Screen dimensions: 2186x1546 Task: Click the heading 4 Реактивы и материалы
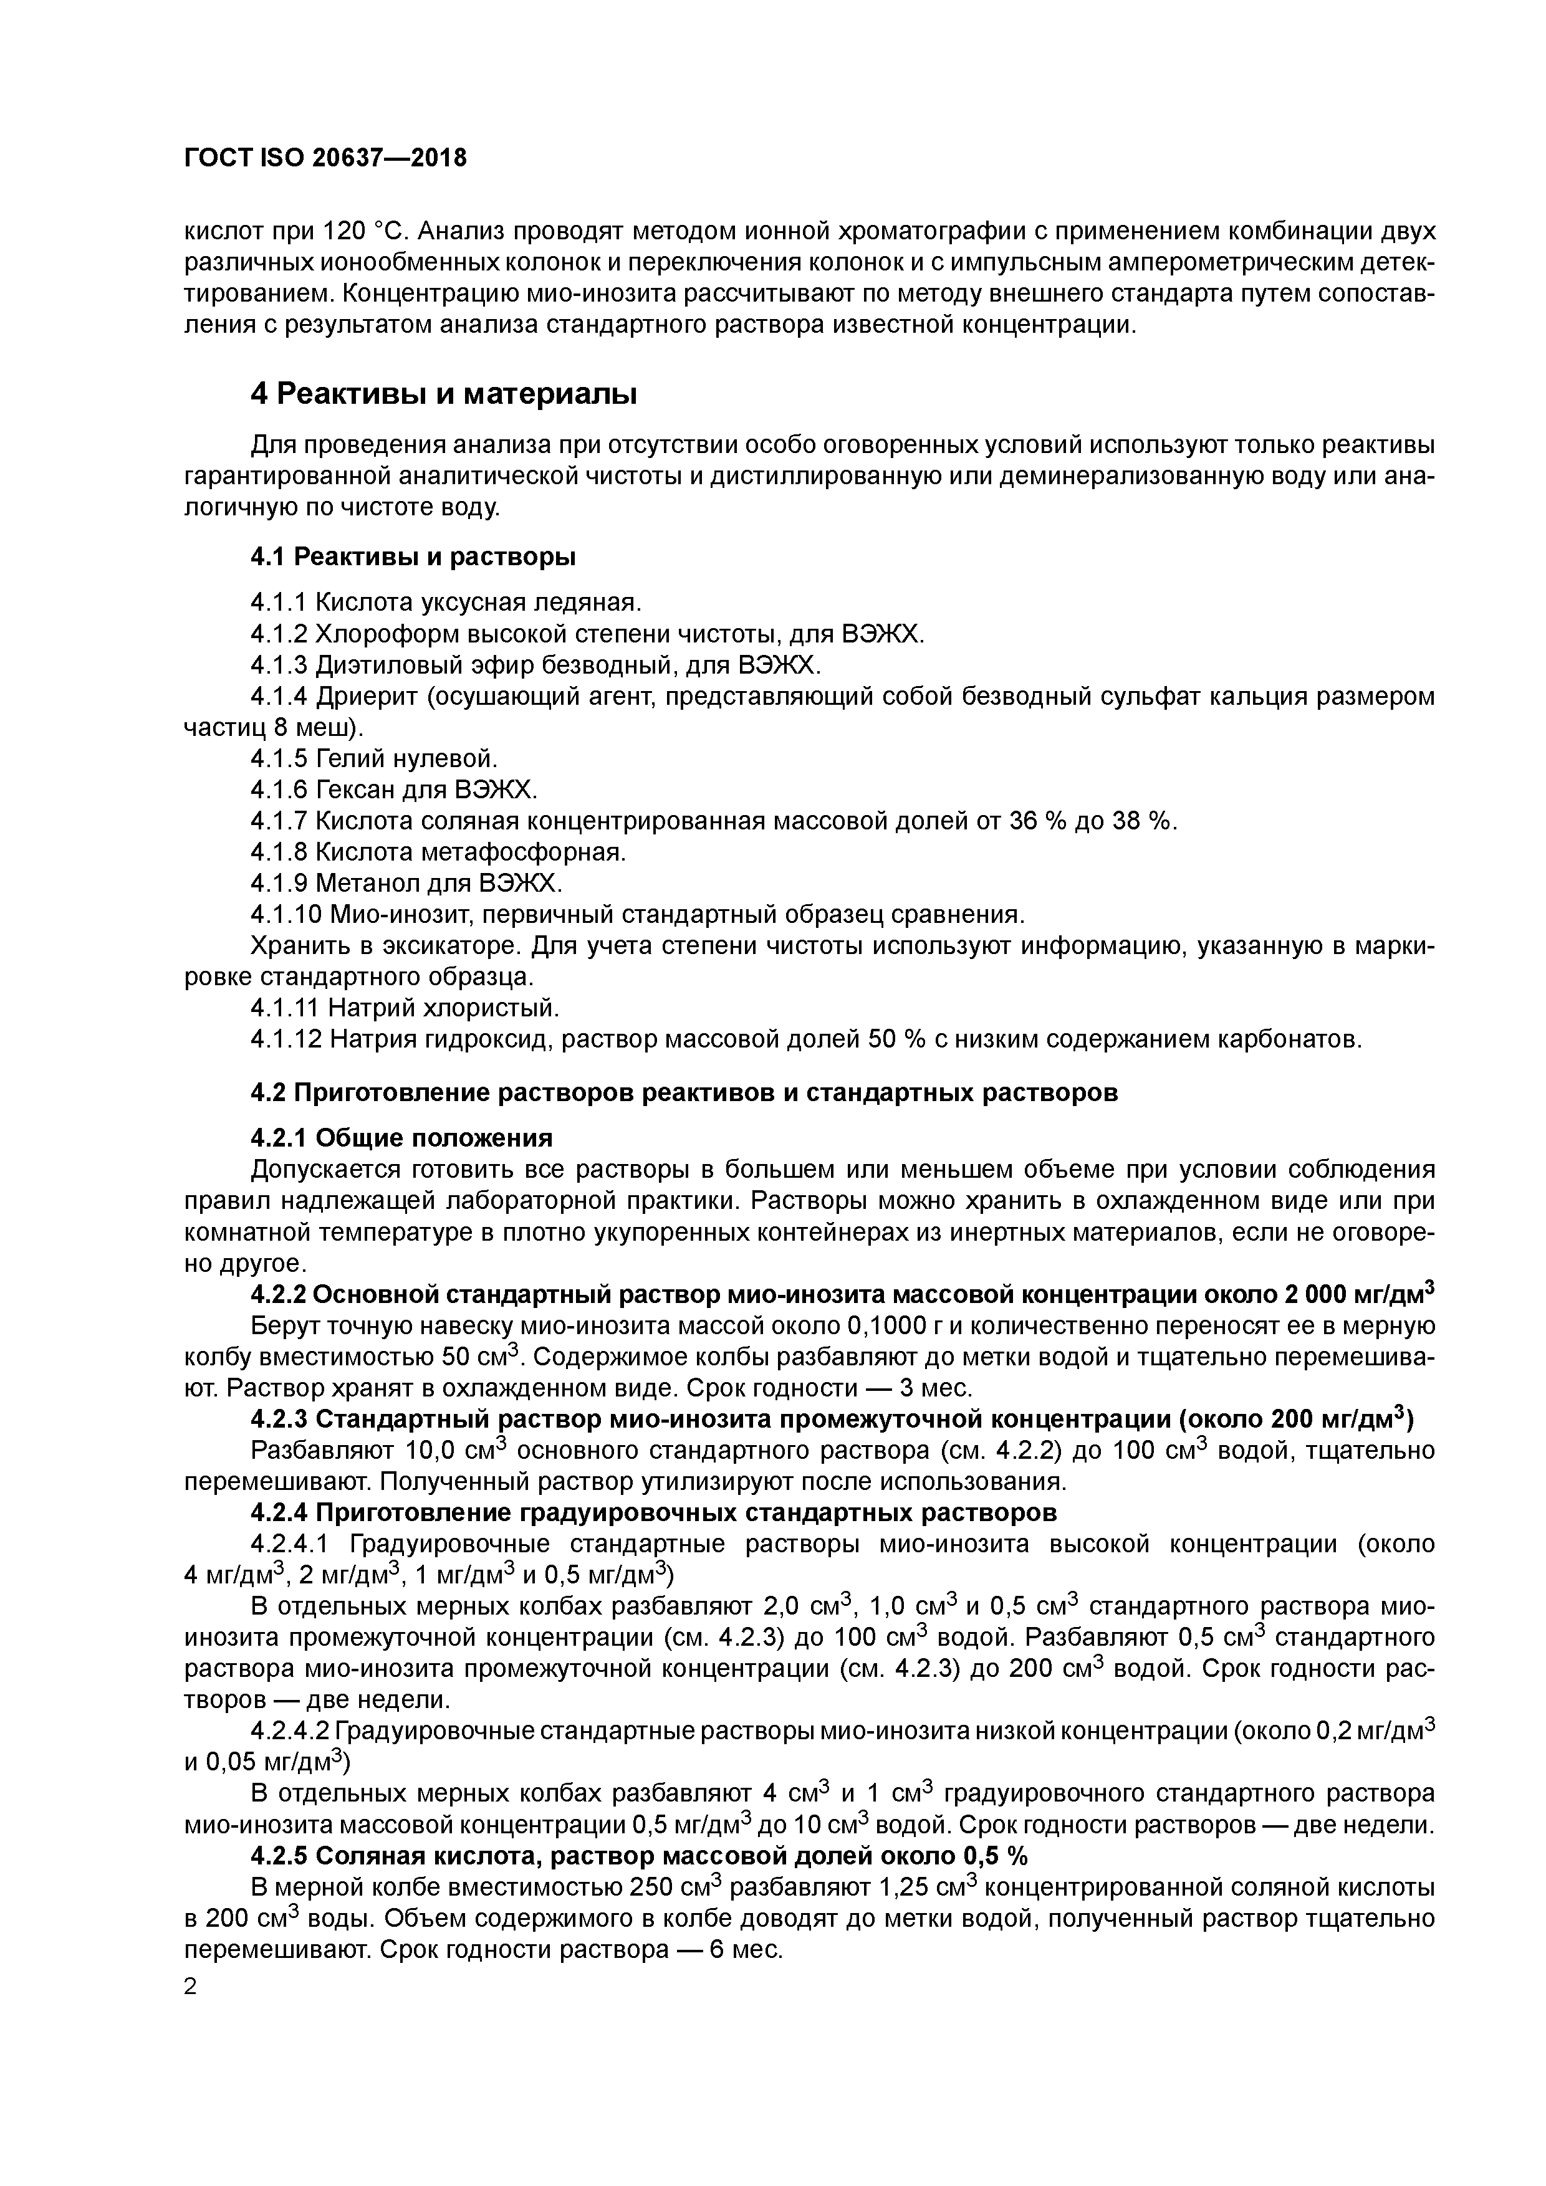444,393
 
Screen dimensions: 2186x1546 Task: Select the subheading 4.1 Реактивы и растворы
413,555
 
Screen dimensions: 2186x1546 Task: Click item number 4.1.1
279,603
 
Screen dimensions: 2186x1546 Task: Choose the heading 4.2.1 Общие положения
401,1138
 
